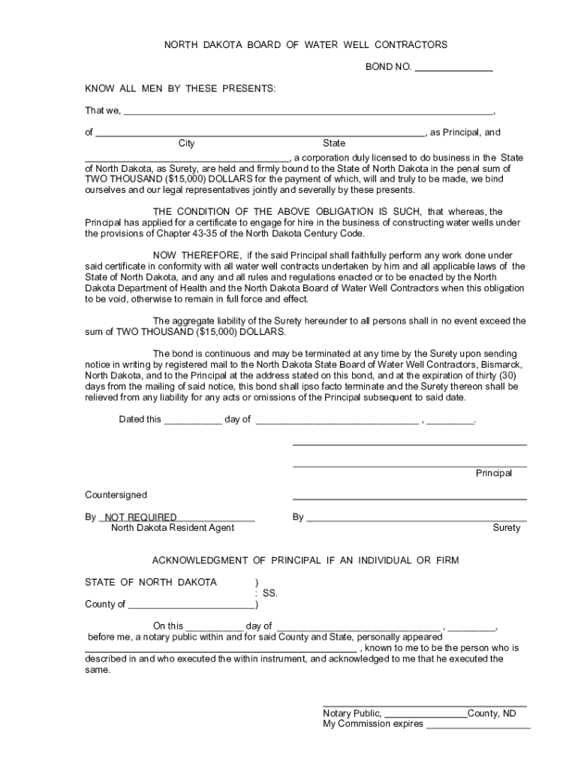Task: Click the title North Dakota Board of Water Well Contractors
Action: [306, 45]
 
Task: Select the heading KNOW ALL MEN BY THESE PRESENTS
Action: [180, 89]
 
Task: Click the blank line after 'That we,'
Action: [308, 112]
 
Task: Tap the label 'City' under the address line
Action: [186, 143]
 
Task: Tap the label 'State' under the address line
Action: [334, 143]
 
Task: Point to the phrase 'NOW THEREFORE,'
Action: [197, 255]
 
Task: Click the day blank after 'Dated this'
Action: [192, 421]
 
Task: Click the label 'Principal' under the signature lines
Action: [493, 473]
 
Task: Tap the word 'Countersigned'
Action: [116, 495]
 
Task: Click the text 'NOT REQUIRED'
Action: [140, 517]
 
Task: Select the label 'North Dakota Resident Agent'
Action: [173, 528]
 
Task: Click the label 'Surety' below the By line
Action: [506, 528]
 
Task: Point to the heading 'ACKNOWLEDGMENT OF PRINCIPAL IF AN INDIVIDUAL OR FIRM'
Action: [305, 561]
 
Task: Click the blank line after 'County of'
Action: [191, 605]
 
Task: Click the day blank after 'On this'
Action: [214, 627]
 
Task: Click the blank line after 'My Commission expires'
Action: [478, 725]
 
